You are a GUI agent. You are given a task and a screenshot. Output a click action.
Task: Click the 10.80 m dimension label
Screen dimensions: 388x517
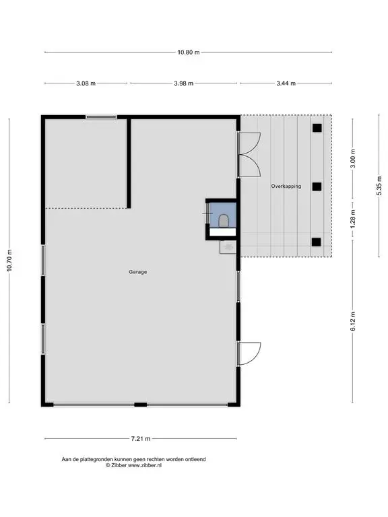tap(189, 52)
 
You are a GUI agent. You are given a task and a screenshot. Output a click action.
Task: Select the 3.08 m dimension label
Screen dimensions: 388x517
tap(86, 83)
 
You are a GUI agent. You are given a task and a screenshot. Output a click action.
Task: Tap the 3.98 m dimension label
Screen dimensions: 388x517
tap(184, 83)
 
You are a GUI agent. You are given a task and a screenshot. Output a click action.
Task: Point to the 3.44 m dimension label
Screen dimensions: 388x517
tap(286, 83)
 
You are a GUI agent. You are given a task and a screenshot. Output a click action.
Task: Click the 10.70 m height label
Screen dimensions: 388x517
tap(9, 261)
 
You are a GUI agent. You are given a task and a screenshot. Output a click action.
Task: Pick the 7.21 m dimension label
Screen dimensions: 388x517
tap(141, 438)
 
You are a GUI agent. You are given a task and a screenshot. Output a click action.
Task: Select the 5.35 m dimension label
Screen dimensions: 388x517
tap(379, 186)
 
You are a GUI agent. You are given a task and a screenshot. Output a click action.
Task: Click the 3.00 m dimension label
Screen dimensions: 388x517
tap(353, 158)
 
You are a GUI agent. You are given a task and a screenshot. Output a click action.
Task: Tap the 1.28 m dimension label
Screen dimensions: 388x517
tap(353, 219)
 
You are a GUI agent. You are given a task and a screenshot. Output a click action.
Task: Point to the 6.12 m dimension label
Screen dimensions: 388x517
tap(353, 321)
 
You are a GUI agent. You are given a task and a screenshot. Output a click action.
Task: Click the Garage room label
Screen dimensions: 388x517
tap(138, 272)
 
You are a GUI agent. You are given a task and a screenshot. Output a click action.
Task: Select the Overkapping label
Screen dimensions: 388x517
tap(286, 186)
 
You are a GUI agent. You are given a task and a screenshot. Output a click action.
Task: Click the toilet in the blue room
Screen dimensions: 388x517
tap(224, 220)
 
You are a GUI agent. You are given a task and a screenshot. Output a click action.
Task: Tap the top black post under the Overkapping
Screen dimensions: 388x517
tap(317, 128)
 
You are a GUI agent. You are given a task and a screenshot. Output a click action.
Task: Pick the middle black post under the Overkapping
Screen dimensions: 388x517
tap(317, 186)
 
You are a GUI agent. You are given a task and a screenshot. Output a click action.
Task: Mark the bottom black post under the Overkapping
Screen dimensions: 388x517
tap(316, 242)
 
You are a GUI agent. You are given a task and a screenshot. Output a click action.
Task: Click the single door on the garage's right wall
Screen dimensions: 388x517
tap(249, 353)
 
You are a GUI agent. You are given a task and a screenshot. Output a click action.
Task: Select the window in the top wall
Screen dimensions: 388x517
tap(101, 117)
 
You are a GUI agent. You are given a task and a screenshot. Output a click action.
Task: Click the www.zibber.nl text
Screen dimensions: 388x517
tap(145, 465)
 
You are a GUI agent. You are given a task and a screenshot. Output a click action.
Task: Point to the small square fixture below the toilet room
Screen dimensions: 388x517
tap(228, 247)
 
